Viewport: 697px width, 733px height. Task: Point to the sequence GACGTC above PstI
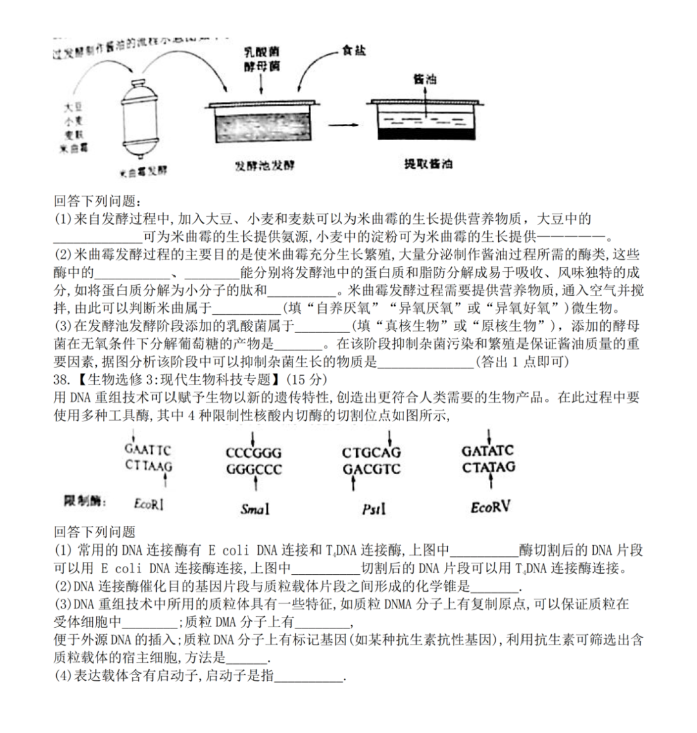(371, 469)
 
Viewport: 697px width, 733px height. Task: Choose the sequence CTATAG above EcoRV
(489, 467)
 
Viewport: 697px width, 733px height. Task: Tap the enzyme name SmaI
(254, 510)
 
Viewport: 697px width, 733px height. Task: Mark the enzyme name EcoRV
(490, 508)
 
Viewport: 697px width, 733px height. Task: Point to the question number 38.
(61, 378)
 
